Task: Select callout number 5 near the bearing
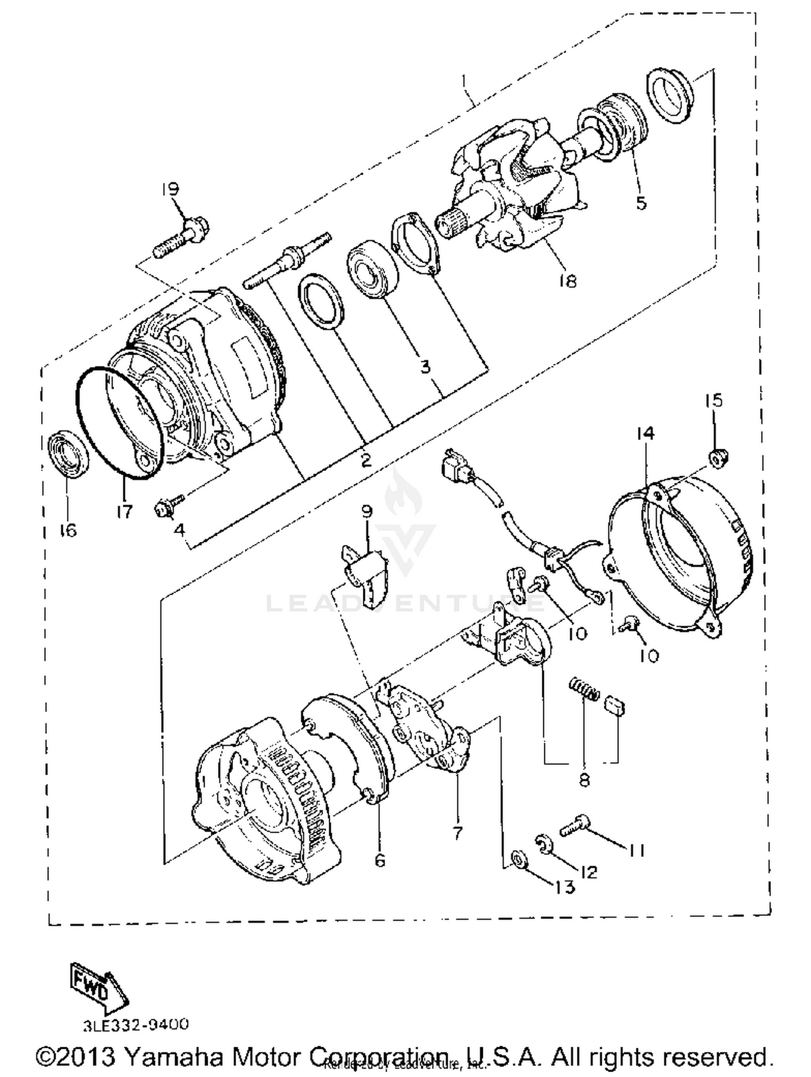641,203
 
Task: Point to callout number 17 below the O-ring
124,511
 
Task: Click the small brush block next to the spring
615,705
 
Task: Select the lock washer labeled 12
544,845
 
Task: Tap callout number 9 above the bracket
367,511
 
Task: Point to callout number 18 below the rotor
568,281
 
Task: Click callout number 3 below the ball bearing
425,367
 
